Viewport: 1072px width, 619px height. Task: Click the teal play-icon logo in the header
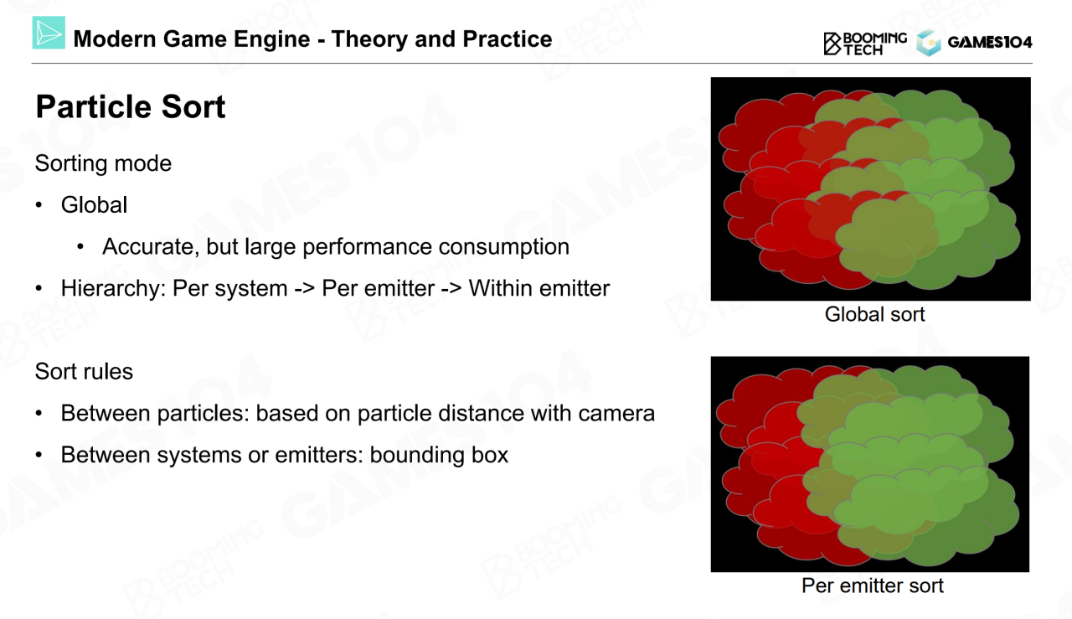[x=49, y=33]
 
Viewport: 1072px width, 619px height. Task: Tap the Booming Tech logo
[x=865, y=44]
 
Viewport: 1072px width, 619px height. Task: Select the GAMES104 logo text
[x=990, y=42]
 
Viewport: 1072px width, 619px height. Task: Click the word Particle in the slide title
[x=95, y=106]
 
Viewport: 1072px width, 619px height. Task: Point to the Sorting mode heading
[x=103, y=163]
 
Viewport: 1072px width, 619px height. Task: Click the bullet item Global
[x=94, y=205]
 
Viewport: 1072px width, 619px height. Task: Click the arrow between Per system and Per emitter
[x=304, y=289]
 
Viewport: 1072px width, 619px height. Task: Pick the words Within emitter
[x=539, y=288]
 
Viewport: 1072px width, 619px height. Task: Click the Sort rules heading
[x=84, y=372]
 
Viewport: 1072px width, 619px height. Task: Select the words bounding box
[x=439, y=455]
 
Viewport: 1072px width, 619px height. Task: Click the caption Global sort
[x=874, y=315]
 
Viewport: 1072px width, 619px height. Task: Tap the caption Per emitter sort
[x=873, y=585]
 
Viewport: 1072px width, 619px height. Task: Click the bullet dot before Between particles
[x=39, y=413]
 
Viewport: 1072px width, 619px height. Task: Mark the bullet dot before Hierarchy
[x=39, y=289]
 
